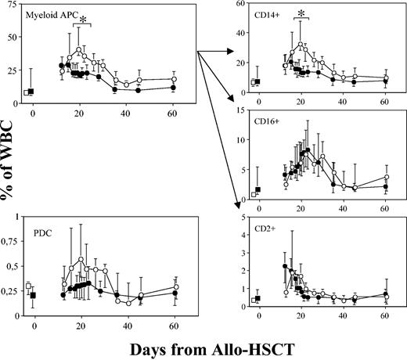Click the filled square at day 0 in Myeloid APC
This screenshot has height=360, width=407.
[x=31, y=92]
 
